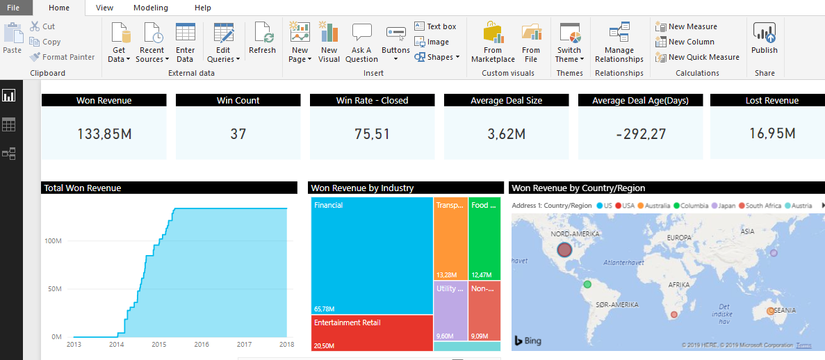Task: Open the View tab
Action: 105,8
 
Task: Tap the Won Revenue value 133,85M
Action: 104,133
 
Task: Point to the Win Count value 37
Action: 238,133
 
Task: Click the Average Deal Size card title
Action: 506,100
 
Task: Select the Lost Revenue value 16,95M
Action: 771,133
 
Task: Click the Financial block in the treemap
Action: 372,257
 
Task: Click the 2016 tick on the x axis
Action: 202,344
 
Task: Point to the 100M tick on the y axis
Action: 53,240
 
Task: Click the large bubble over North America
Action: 564,249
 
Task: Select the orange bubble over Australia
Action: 770,311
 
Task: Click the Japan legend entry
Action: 725,206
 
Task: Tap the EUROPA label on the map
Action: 678,238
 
